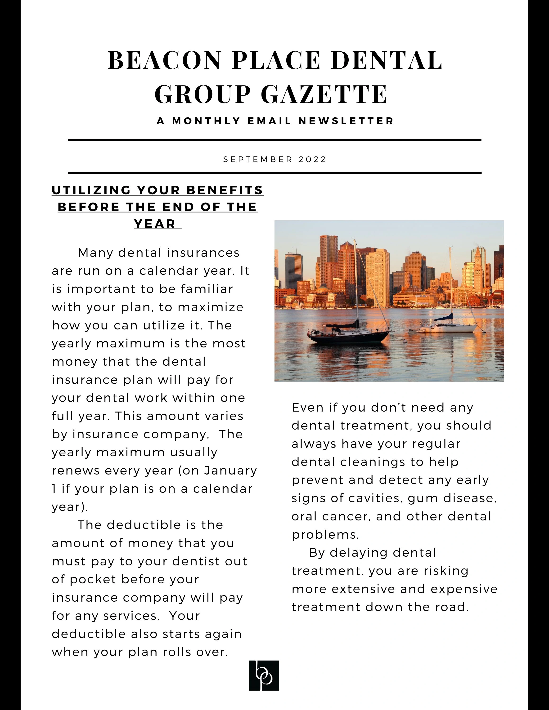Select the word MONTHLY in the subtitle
(206, 121)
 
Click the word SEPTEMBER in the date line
(258, 160)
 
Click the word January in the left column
(231, 470)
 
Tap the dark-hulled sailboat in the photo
(350, 336)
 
